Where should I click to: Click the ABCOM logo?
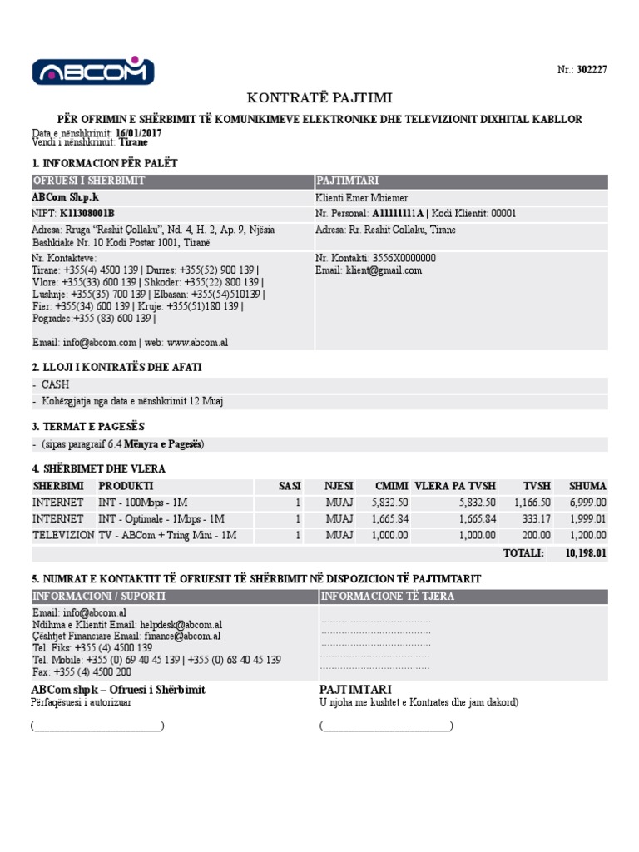[93, 71]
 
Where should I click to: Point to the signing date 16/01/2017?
[140, 133]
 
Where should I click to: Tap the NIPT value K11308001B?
[87, 214]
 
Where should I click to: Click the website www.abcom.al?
[198, 342]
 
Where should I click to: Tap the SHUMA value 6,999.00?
[587, 503]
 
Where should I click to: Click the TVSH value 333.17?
[535, 519]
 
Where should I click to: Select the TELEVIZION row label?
[63, 536]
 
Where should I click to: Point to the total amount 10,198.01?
[587, 553]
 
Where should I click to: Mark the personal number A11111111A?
[398, 214]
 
